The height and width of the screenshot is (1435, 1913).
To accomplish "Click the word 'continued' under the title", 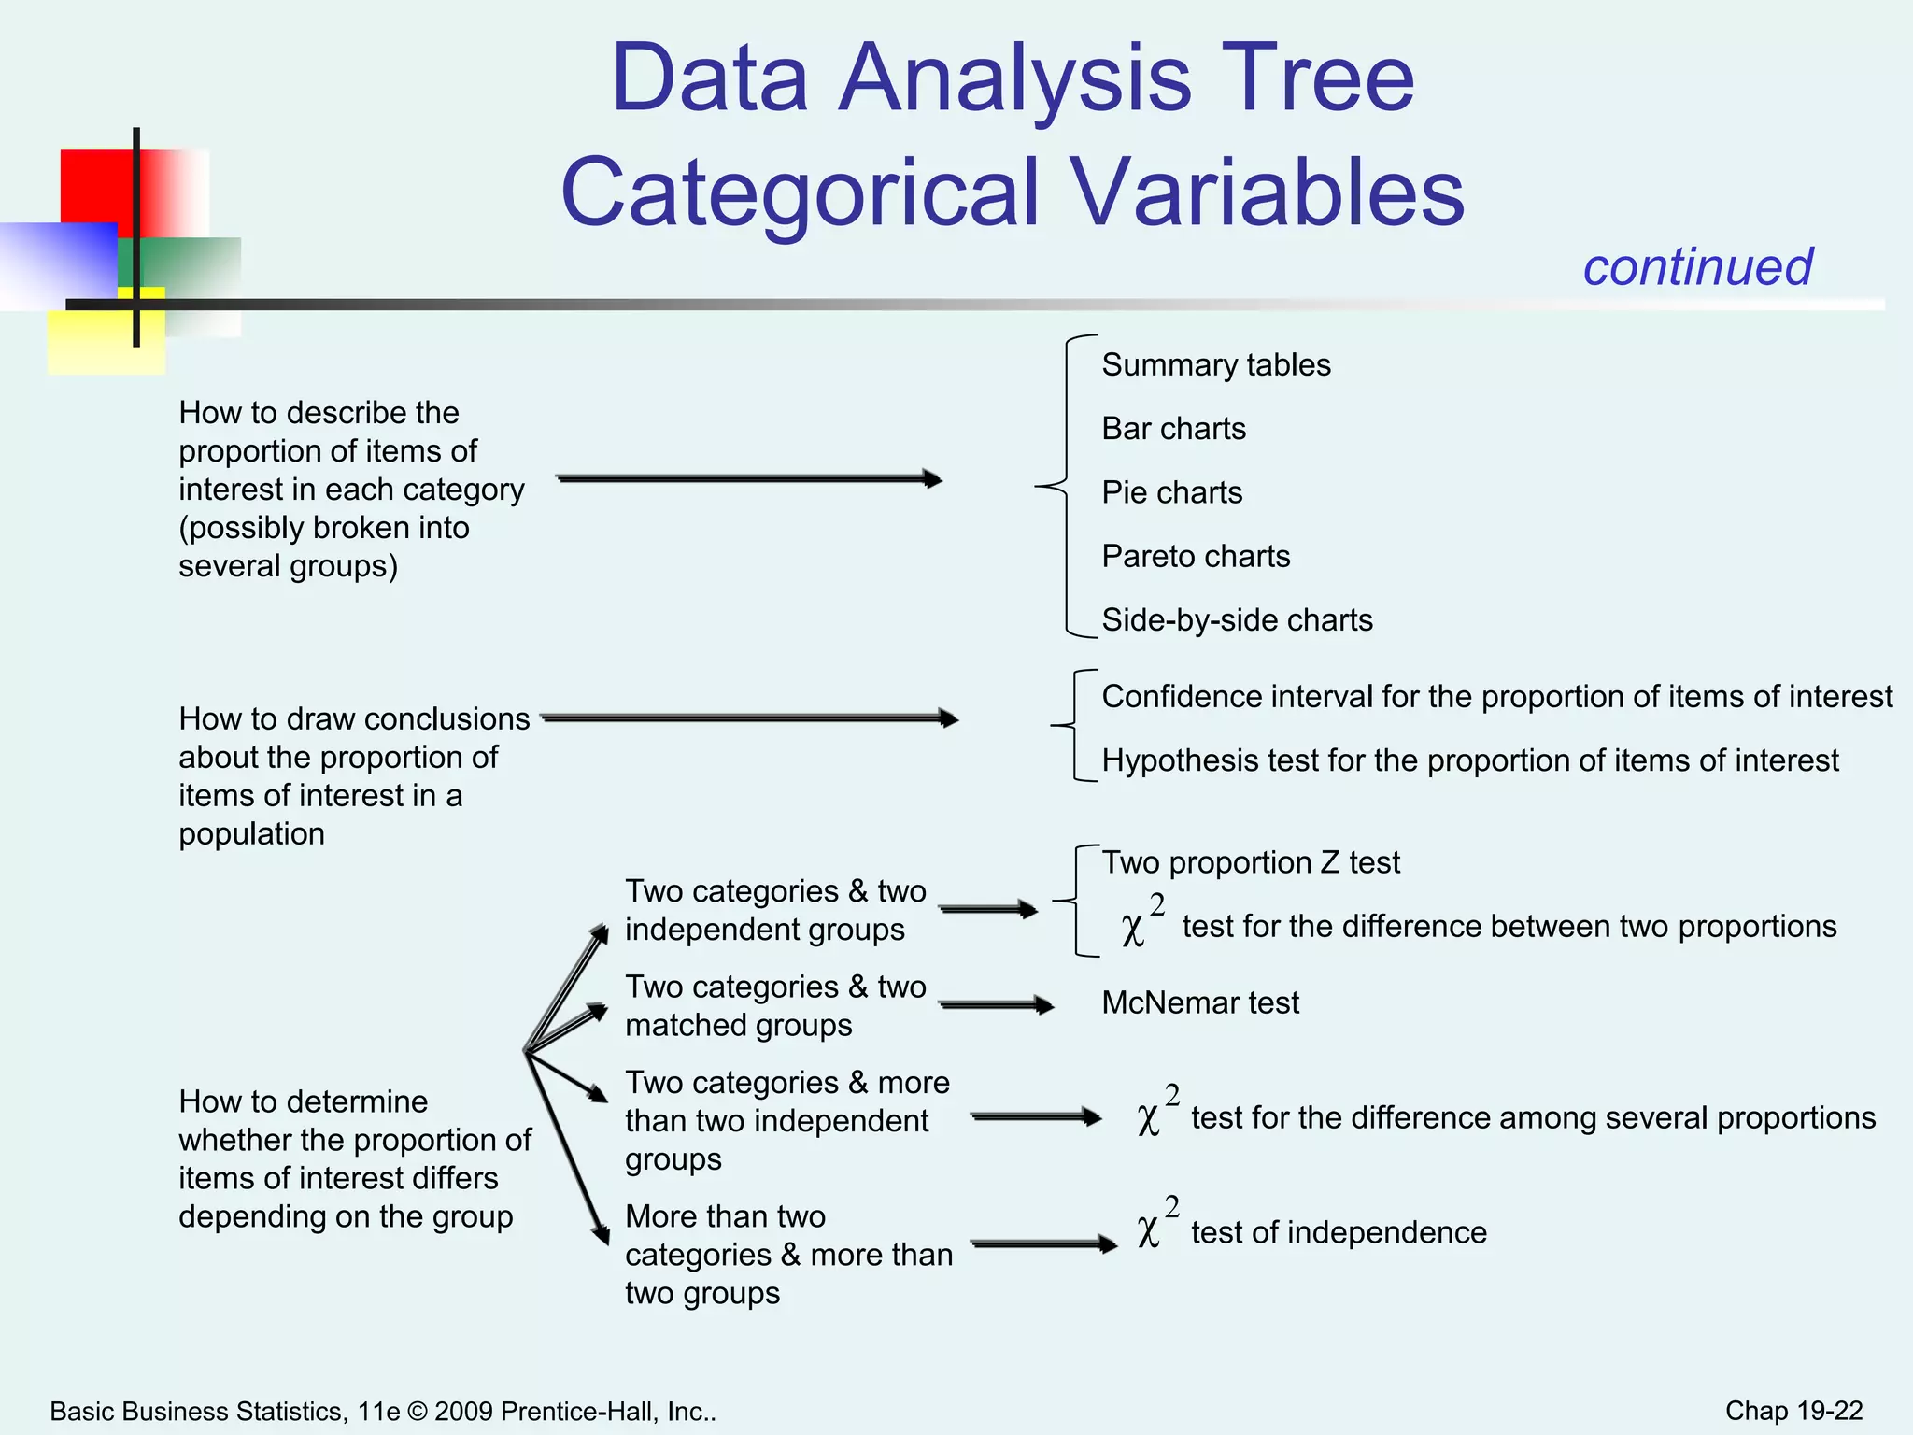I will point(1697,267).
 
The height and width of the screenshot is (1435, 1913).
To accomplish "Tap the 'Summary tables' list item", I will point(1215,364).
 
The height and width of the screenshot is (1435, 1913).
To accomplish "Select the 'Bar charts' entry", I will point(1173,429).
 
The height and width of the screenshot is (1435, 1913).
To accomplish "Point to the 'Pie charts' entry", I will point(1171,492).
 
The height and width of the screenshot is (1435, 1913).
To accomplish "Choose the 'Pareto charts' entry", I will point(1195,557).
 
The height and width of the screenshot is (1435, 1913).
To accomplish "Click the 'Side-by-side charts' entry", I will point(1237,620).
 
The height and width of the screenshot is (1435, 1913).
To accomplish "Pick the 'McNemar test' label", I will point(1199,1002).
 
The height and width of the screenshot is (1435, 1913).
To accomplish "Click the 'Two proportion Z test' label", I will point(1250,862).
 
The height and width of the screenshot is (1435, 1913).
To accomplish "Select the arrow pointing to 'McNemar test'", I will point(996,1005).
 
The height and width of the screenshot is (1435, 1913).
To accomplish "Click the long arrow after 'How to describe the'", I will point(748,479).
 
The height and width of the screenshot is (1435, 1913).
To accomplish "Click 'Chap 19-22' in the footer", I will point(1793,1411).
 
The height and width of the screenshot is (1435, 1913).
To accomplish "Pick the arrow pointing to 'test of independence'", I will point(1043,1243).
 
